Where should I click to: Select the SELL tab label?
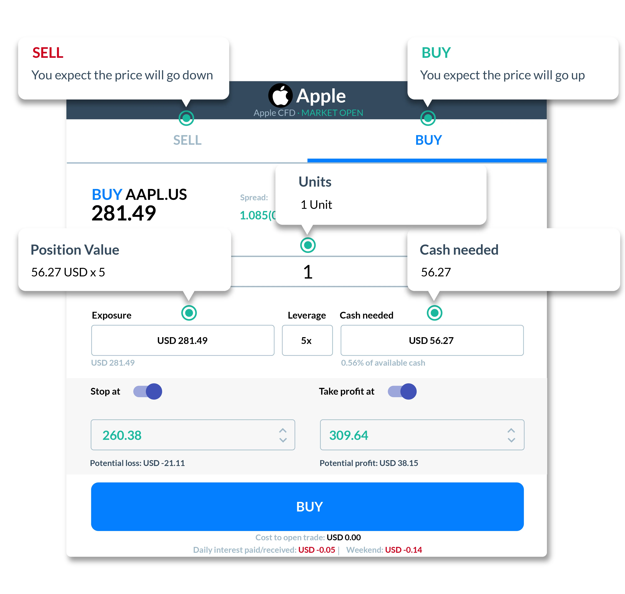tap(187, 140)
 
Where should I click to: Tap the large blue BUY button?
tap(307, 507)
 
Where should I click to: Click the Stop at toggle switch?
tap(148, 391)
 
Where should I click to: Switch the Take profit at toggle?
tap(402, 391)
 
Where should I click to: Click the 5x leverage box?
tap(307, 340)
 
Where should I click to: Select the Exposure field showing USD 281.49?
tap(183, 340)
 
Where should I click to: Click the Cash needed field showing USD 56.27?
tap(432, 340)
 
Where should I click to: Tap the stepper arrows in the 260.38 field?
tap(283, 435)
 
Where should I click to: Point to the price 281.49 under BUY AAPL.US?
tap(124, 213)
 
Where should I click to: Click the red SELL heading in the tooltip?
tap(48, 53)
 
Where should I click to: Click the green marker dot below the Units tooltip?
tap(308, 245)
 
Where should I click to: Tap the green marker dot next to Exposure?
tap(189, 313)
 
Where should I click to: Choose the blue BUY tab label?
tap(428, 140)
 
